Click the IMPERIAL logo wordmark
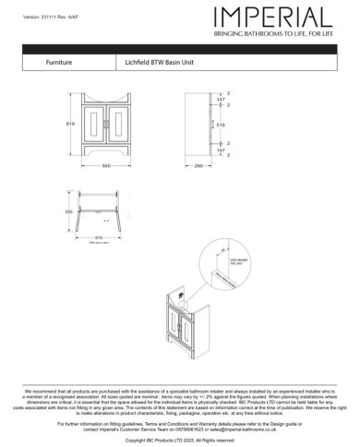tap(272, 17)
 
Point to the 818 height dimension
tap(72, 124)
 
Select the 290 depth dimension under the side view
tap(198, 165)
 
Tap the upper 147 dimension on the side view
tap(221, 99)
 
